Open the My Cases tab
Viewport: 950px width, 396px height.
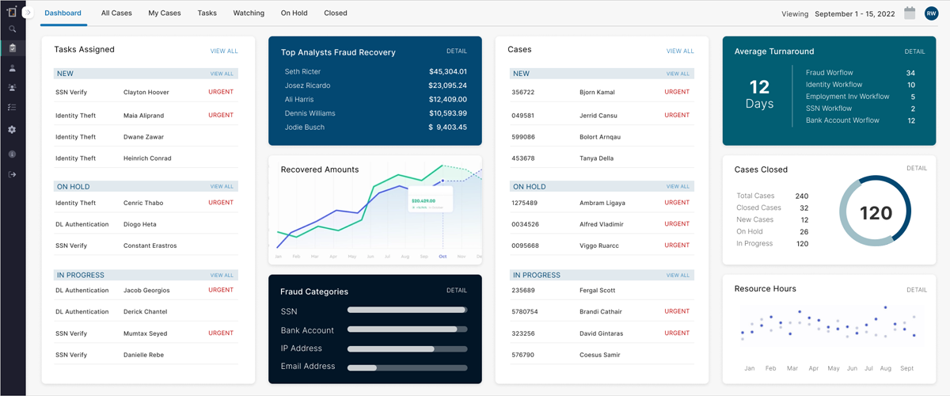165,13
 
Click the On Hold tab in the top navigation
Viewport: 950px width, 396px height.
294,13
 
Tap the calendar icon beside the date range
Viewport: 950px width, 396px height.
910,13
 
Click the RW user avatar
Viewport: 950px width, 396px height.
931,13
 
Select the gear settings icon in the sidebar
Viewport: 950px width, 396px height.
12,129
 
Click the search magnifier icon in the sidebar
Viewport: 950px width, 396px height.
12,29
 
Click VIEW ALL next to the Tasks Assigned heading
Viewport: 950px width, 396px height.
224,51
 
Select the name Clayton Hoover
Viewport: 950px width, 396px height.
146,93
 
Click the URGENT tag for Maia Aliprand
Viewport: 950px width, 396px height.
221,115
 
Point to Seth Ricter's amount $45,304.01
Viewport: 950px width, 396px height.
447,71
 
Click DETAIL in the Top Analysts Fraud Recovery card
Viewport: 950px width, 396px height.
457,51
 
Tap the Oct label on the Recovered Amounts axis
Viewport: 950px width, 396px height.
443,257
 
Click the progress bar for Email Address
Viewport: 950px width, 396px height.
407,367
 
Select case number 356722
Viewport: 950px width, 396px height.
523,93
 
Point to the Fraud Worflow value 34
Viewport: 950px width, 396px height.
910,73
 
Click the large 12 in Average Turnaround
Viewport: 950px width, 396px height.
759,86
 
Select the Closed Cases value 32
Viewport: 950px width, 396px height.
804,208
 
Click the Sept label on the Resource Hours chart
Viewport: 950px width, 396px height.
907,368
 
